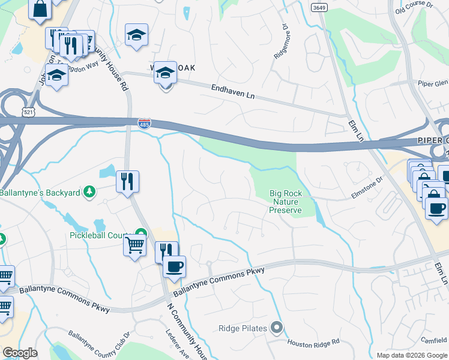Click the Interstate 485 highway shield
145,122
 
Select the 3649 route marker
319,7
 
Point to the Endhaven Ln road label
233,92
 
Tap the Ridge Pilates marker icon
277,328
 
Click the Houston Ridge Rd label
313,343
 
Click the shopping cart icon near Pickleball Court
134,245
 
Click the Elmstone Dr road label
367,187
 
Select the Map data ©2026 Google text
412,355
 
